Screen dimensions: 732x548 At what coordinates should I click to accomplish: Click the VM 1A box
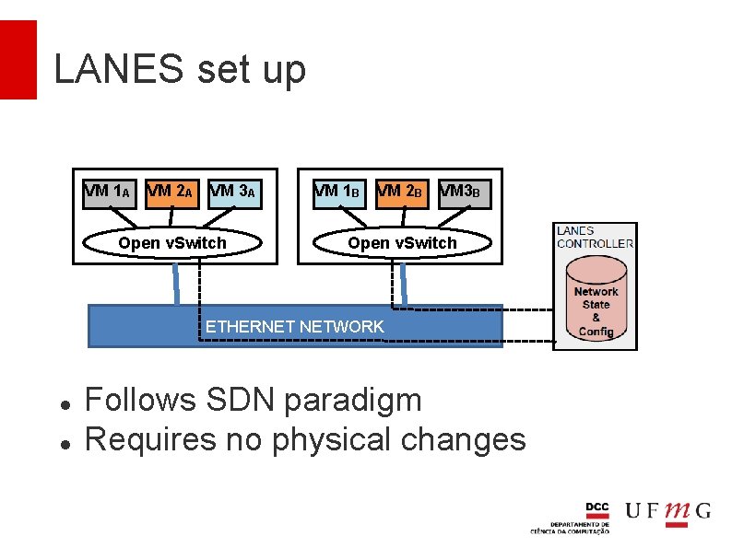110,193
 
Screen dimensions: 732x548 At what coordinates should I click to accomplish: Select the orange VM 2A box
171,193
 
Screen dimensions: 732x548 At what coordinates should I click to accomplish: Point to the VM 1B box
338,193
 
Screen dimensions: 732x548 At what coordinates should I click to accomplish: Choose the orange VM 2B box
402,193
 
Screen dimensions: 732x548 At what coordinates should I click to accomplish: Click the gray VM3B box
464,193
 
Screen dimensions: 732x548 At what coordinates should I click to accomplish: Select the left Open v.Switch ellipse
172,243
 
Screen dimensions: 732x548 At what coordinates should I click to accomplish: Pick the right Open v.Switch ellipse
402,243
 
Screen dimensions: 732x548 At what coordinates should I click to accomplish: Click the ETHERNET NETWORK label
294,327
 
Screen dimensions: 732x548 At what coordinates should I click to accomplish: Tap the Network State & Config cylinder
596,301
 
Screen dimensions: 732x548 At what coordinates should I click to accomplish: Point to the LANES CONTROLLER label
595,237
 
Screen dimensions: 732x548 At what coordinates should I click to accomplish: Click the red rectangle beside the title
18,60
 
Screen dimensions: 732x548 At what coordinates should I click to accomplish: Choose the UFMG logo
668,511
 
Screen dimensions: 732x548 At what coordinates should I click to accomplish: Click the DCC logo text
597,508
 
